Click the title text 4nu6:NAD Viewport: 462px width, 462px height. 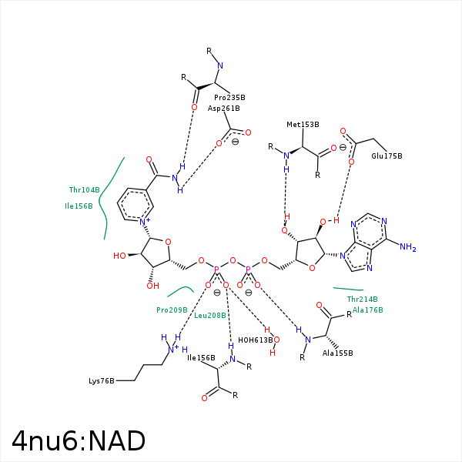coord(79,440)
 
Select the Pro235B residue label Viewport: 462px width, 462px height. coord(229,98)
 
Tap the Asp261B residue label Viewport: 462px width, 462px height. coord(223,109)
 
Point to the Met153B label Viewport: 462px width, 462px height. coord(303,125)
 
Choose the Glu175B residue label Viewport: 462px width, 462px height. coord(387,156)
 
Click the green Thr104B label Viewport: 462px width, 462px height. coord(84,190)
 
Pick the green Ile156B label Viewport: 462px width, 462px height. coord(79,206)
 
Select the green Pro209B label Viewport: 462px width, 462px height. coord(172,310)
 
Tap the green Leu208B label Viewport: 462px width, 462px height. coord(209,316)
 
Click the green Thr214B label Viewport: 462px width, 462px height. coord(362,300)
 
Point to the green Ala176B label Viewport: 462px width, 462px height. coord(368,310)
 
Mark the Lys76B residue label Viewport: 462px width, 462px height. coord(102,381)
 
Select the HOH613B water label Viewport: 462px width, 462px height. coord(255,340)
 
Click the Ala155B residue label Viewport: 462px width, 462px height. coord(338,353)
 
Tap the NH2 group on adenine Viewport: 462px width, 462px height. coord(408,247)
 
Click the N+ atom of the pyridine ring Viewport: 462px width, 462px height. coord(145,221)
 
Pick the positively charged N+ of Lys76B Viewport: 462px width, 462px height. coord(172,349)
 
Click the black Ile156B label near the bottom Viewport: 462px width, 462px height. coord(201,358)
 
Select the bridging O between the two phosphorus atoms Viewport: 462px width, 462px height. coord(233,260)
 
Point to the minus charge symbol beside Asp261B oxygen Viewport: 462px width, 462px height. coord(235,142)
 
